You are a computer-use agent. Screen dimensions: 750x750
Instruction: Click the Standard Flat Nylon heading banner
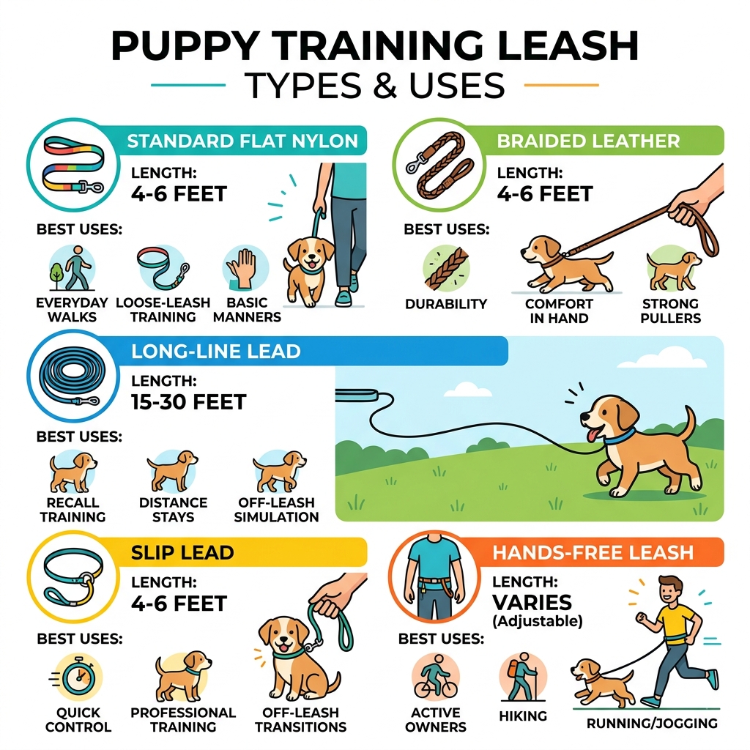pyautogui.click(x=242, y=141)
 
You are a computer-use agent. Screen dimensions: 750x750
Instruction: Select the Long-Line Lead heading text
pyautogui.click(x=216, y=351)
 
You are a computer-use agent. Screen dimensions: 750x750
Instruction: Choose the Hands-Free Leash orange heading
pyautogui.click(x=593, y=552)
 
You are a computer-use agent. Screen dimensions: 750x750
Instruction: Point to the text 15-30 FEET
pyautogui.click(x=188, y=402)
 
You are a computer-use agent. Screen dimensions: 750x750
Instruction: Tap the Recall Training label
pyautogui.click(x=73, y=510)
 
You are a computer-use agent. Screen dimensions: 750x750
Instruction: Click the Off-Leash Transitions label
pyautogui.click(x=300, y=719)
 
